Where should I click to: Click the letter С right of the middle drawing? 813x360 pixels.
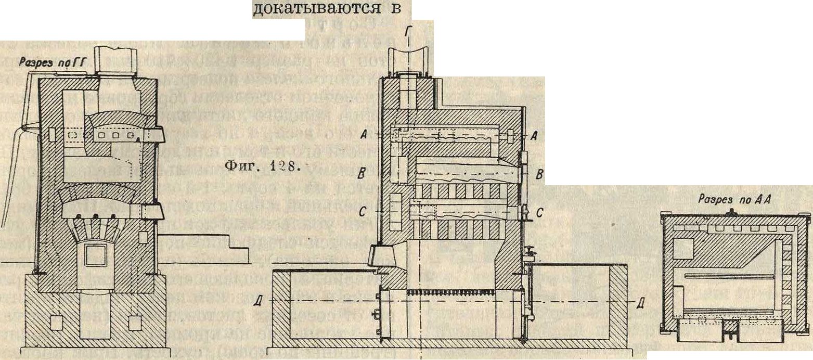pyautogui.click(x=539, y=212)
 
